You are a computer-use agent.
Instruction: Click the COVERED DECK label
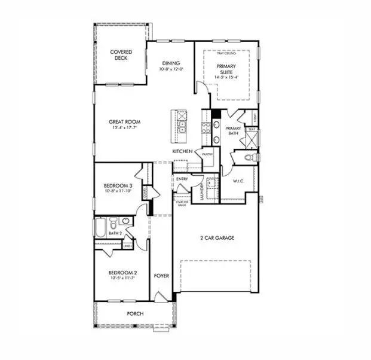pyautogui.click(x=121, y=56)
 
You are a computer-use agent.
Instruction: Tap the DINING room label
pyautogui.click(x=171, y=63)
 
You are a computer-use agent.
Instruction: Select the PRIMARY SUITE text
pyautogui.click(x=226, y=70)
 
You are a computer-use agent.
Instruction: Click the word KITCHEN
pyautogui.click(x=182, y=152)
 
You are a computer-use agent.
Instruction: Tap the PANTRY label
pyautogui.click(x=207, y=154)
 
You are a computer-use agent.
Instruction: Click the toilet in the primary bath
pyautogui.click(x=250, y=158)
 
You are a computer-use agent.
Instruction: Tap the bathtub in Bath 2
pyautogui.click(x=100, y=228)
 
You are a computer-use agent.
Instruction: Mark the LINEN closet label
pyautogui.click(x=127, y=245)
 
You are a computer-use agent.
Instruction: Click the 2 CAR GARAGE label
pyautogui.click(x=217, y=238)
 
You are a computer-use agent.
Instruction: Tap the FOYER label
pyautogui.click(x=161, y=276)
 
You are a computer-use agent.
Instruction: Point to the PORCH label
pyautogui.click(x=134, y=313)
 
